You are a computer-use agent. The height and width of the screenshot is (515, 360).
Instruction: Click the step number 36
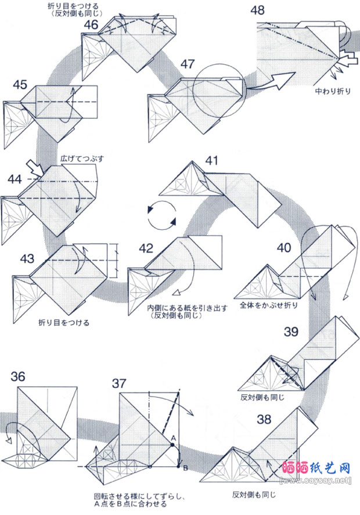click(18, 377)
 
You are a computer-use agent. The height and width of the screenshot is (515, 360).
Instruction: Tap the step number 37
click(120, 384)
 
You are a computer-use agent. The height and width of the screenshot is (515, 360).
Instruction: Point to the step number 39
click(293, 332)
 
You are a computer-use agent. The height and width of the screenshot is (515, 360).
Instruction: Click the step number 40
click(284, 248)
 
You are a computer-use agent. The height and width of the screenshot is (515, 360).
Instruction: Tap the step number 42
click(146, 249)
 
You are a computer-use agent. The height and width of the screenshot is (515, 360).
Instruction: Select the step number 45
click(20, 85)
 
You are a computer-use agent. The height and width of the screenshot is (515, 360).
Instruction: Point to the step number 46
click(91, 24)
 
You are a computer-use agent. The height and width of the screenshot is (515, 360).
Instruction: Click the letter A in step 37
click(173, 437)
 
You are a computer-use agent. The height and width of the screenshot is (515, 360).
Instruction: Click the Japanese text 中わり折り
click(334, 91)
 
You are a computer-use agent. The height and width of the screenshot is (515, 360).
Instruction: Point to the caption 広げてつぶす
click(81, 158)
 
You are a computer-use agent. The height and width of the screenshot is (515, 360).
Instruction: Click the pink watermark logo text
click(316, 467)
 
